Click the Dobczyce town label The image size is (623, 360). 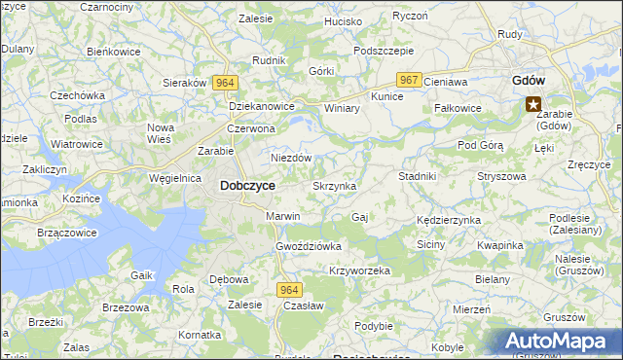click(x=247, y=185)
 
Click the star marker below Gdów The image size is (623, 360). click(x=533, y=104)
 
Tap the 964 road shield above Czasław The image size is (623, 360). click(x=289, y=290)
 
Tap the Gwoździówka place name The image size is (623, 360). click(x=309, y=246)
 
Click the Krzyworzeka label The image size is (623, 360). click(x=359, y=270)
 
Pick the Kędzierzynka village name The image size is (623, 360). click(x=449, y=220)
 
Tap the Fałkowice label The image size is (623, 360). click(x=458, y=108)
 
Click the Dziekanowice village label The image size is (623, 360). click(x=261, y=107)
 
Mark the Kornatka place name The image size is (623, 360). click(x=201, y=335)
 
